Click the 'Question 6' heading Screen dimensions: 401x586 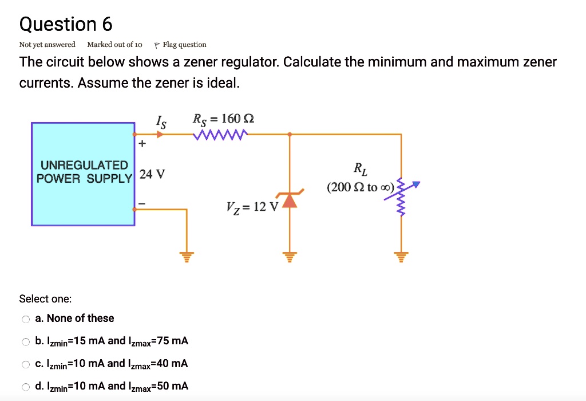click(x=66, y=24)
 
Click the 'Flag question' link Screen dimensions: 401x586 click(x=184, y=45)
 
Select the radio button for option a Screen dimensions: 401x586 click(x=25, y=319)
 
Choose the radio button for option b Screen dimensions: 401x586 click(x=25, y=342)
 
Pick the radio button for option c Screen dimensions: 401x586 click(x=25, y=364)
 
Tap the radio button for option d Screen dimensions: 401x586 click(x=25, y=387)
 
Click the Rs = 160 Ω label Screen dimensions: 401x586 click(x=223, y=119)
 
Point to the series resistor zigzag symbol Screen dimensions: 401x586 click(x=221, y=135)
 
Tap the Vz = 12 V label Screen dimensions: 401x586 click(x=252, y=206)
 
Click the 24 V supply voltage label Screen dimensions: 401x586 click(x=152, y=174)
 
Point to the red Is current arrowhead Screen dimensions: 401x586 click(x=160, y=135)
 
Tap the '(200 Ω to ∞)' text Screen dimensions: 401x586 click(x=361, y=187)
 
